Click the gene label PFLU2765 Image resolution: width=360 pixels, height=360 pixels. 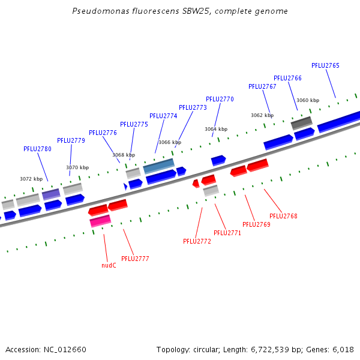click(325, 65)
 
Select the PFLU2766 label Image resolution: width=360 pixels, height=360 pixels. click(287, 78)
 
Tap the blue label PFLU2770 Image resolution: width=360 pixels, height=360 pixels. click(220, 99)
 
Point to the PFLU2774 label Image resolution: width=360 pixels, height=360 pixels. click(163, 116)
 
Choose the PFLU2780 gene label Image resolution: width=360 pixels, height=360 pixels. click(37, 149)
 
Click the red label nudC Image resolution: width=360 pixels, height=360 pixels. click(109, 265)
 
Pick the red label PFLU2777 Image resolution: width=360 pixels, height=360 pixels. click(135, 259)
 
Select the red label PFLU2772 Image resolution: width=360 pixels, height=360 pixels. click(197, 241)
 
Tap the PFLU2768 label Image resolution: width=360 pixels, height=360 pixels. click(283, 216)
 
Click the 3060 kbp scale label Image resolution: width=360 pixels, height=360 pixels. click(308, 100)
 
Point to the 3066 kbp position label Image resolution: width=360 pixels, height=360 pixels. click(169, 142)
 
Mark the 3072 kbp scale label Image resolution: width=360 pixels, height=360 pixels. click(31, 179)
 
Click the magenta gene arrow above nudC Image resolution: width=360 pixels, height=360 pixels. click(100, 221)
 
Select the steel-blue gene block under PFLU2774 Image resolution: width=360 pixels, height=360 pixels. click(159, 165)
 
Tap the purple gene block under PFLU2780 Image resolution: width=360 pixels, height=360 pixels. click(51, 194)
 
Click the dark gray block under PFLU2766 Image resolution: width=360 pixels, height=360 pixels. click(302, 123)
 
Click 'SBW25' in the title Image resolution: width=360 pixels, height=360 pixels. click(194, 11)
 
